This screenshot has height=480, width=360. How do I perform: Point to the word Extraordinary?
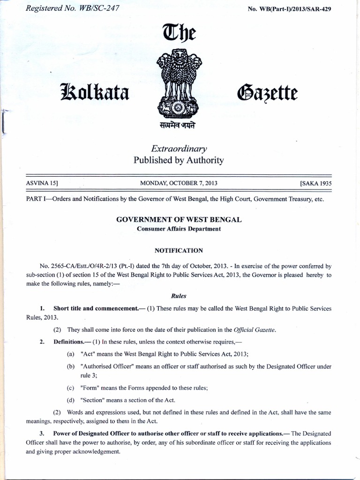179,149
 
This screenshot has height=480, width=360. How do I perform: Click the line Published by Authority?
179,160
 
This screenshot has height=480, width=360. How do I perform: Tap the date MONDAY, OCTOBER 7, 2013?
179,183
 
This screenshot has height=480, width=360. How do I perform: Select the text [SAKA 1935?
312,183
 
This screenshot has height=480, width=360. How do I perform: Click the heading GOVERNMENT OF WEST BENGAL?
179,220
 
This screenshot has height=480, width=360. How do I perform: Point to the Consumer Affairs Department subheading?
179,229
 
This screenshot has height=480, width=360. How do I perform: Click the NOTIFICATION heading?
179,251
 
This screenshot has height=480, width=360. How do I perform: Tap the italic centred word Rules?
179,296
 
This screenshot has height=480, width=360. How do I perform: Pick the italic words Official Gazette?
252,330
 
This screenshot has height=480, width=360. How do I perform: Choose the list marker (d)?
71,400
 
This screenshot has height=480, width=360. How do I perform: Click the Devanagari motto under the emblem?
178,126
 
